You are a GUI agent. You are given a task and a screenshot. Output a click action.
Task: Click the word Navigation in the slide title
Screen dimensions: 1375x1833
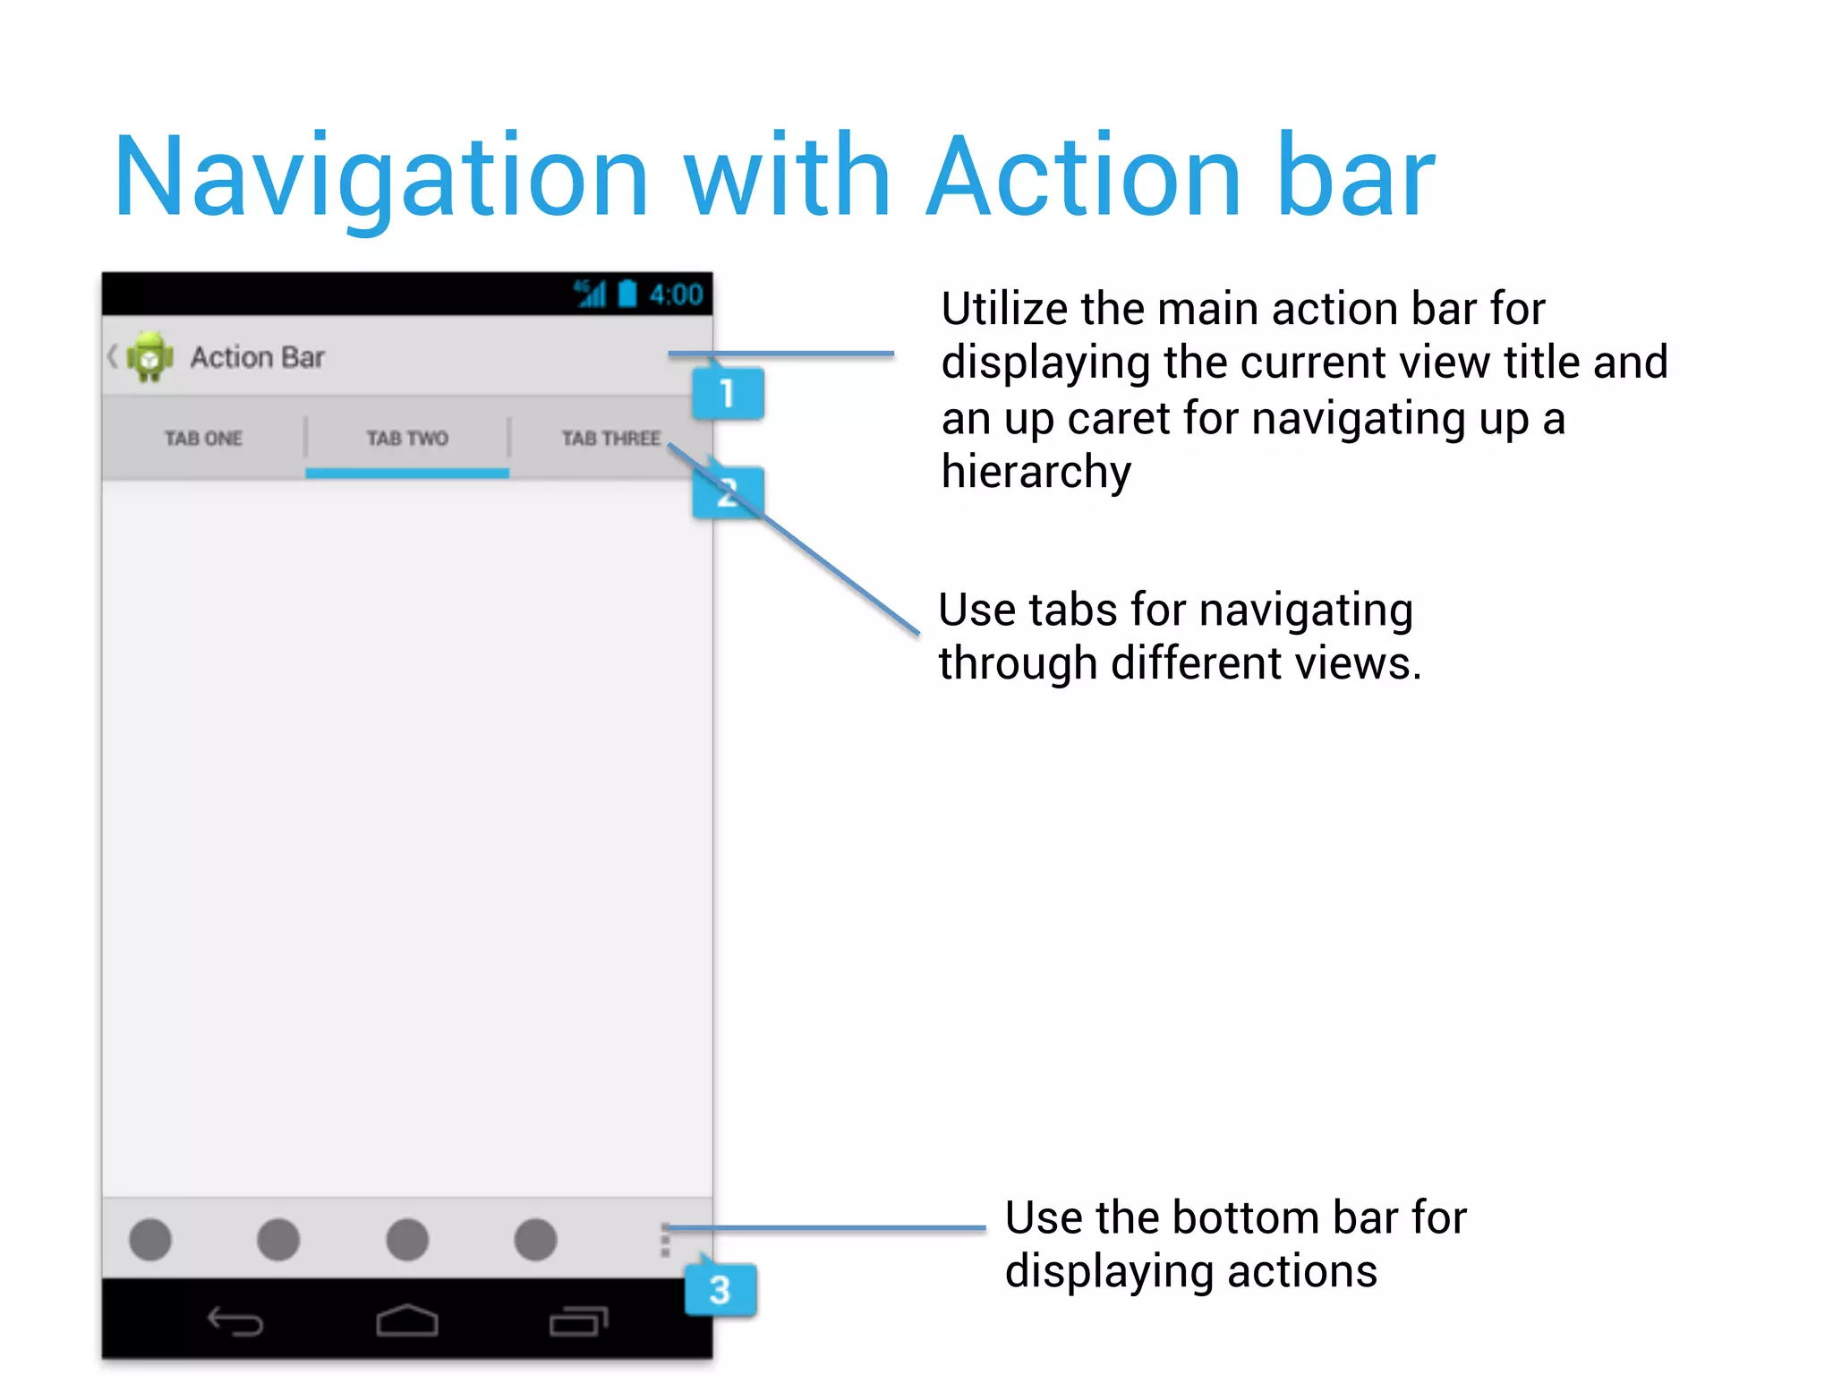coord(381,177)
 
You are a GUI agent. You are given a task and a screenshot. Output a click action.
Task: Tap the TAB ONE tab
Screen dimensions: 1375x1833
coord(203,439)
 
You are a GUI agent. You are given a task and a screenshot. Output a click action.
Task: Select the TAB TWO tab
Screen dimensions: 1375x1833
coord(407,439)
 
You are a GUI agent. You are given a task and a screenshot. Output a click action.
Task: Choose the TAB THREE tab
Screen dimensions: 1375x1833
coord(611,439)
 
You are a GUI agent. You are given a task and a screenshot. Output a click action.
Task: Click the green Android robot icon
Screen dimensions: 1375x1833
coord(150,357)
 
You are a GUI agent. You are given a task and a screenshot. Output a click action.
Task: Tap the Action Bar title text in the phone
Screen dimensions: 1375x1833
coord(257,357)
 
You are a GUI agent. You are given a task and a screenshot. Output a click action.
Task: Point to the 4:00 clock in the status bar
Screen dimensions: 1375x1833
coord(676,295)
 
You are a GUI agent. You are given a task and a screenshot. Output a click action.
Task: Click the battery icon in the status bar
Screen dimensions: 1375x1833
coord(627,294)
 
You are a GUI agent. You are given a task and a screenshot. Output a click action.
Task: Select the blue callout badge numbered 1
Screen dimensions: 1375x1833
coord(728,393)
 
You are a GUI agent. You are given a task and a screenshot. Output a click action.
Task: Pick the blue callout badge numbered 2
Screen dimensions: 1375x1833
coord(728,492)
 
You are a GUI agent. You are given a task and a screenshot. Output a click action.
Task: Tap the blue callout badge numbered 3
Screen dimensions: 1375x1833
coord(720,1290)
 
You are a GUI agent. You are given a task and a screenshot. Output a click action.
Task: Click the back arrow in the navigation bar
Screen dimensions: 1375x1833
coord(235,1320)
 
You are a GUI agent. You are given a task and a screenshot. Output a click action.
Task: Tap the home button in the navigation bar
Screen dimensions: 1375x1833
coord(407,1320)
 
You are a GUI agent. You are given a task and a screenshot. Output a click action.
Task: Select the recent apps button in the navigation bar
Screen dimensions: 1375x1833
coord(578,1320)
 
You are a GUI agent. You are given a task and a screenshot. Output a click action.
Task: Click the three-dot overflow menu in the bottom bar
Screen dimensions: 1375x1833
coord(665,1240)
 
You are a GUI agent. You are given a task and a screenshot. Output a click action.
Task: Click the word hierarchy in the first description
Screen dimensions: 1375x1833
coord(1036,472)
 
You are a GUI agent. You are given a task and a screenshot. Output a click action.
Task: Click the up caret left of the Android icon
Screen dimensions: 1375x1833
coord(113,356)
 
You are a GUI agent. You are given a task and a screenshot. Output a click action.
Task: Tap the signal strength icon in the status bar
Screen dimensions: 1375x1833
coord(591,294)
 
